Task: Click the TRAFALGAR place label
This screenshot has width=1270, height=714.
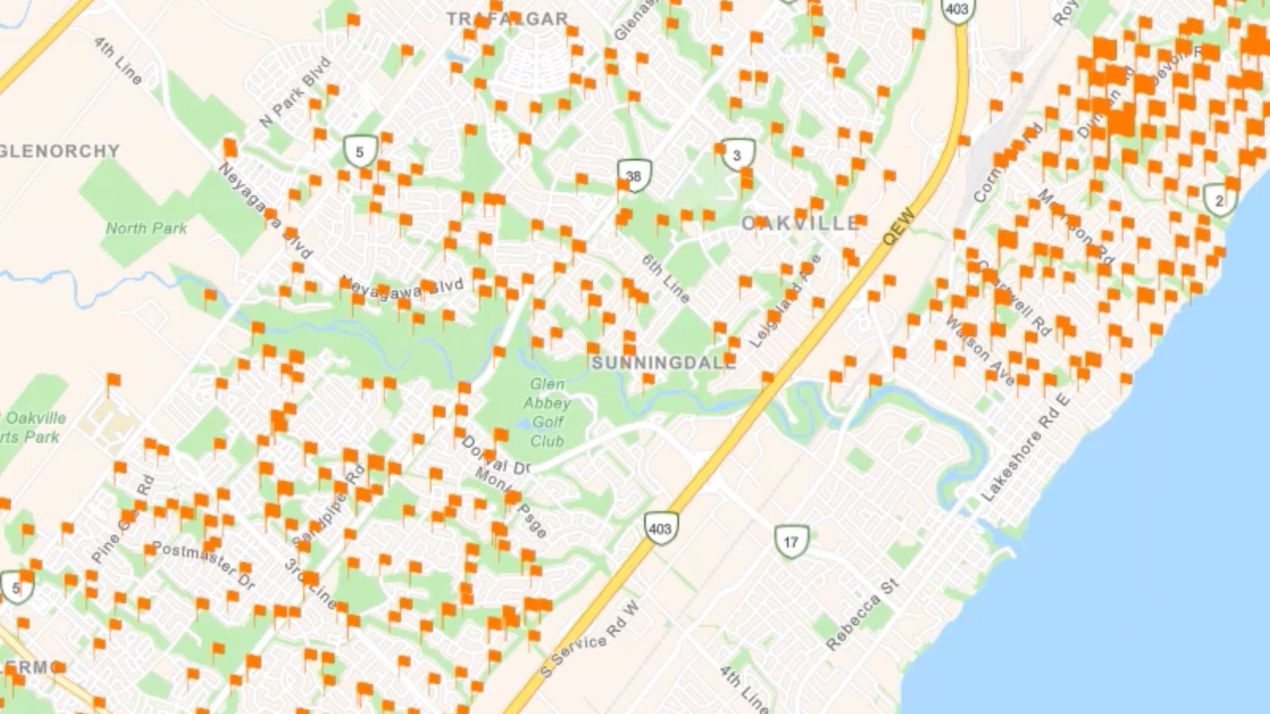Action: coord(507,19)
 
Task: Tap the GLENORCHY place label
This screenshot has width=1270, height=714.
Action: coord(60,151)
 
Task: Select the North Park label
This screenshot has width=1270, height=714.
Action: coord(146,228)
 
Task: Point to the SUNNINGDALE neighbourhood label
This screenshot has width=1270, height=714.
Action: coord(664,362)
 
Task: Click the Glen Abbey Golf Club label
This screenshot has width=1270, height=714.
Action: coord(547,412)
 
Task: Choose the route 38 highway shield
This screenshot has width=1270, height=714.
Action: coord(634,176)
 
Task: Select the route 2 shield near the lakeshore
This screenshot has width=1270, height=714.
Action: coord(1219,201)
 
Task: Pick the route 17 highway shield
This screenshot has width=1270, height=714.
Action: coord(790,542)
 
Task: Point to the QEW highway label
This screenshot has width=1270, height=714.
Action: coord(898,227)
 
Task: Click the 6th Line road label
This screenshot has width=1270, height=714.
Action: coord(666,278)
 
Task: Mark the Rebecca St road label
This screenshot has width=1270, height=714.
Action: coord(861,615)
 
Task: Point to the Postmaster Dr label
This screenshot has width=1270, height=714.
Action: coord(202,565)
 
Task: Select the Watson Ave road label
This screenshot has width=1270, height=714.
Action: coord(979,351)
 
